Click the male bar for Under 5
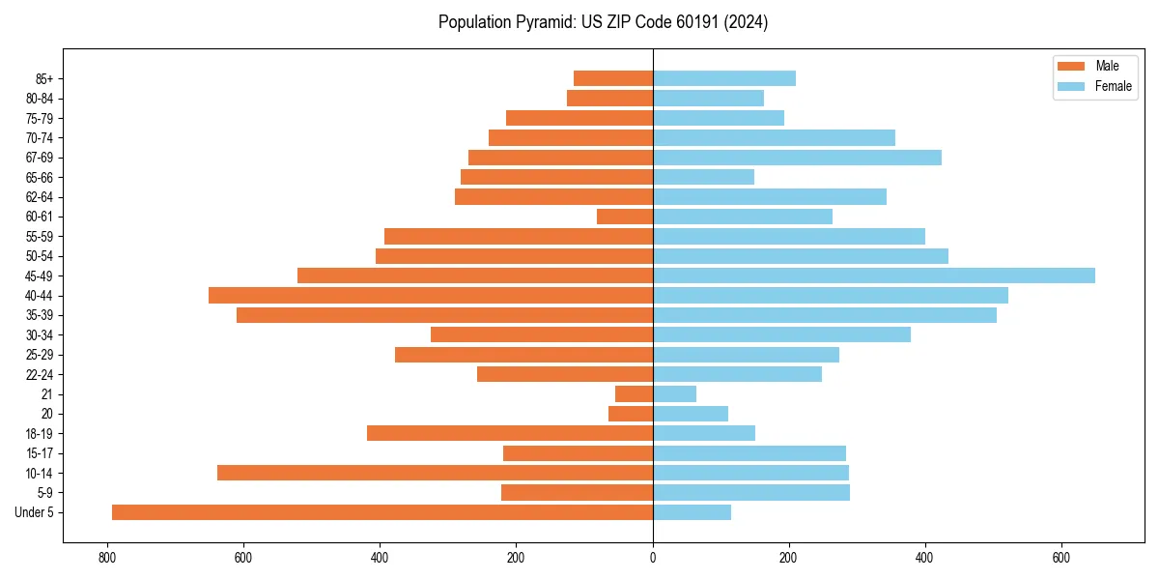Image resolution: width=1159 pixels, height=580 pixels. [x=382, y=512]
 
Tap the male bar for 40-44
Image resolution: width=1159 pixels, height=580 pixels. [x=431, y=295]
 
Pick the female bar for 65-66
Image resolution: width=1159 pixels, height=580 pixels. [x=703, y=177]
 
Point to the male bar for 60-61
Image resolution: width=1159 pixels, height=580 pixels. [x=625, y=217]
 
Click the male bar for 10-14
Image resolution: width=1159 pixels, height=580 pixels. [x=435, y=473]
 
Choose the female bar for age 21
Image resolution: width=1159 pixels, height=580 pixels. [x=674, y=393]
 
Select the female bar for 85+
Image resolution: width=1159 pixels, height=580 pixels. [x=724, y=78]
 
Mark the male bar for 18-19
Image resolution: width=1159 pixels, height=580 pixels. [x=510, y=433]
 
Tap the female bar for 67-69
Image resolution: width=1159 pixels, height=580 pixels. [x=797, y=158]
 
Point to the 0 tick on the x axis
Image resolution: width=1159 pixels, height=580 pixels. [x=653, y=557]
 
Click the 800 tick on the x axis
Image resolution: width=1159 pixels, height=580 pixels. [x=106, y=557]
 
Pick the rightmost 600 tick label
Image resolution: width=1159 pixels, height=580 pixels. [x=1061, y=557]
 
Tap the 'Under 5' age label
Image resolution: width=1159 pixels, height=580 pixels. [x=35, y=512]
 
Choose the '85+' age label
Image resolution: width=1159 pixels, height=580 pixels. [x=44, y=78]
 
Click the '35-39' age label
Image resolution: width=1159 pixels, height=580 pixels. [x=40, y=315]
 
